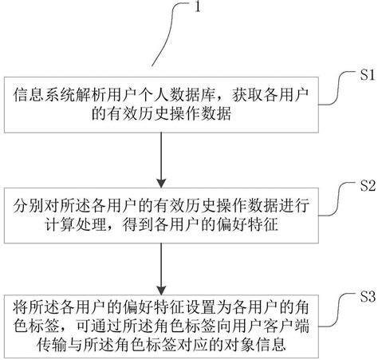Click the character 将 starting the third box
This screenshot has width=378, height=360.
pos(21,304)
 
